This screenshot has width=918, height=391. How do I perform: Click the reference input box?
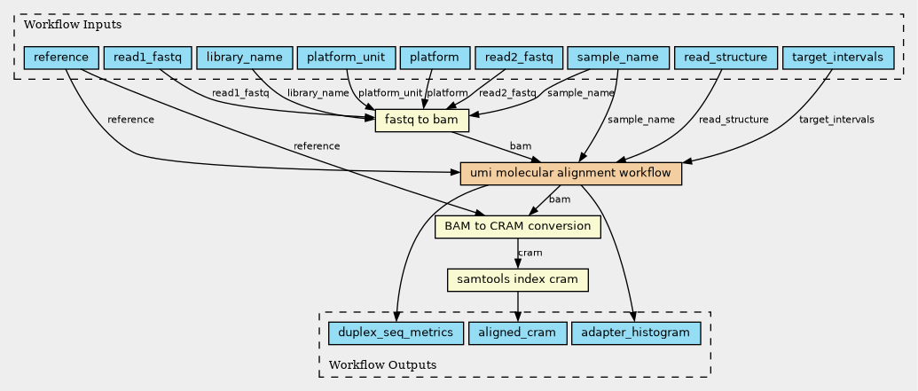(x=61, y=58)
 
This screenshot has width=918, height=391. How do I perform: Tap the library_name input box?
(x=244, y=58)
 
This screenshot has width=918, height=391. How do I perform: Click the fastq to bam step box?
(x=422, y=121)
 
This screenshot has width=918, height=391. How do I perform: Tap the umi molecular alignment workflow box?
(x=571, y=174)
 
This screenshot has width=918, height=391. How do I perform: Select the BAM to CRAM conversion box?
(x=518, y=226)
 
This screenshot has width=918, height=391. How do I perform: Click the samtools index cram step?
(x=518, y=280)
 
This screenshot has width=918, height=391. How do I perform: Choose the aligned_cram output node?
(x=518, y=333)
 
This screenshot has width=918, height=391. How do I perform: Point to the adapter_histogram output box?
(x=636, y=333)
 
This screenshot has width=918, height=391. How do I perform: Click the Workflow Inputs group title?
(x=73, y=25)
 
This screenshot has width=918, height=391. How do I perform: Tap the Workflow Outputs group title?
(x=382, y=364)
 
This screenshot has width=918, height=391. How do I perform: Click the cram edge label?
(x=530, y=253)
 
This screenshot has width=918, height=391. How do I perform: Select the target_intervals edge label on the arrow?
(x=836, y=120)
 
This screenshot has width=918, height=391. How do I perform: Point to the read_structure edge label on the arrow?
(x=733, y=120)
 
